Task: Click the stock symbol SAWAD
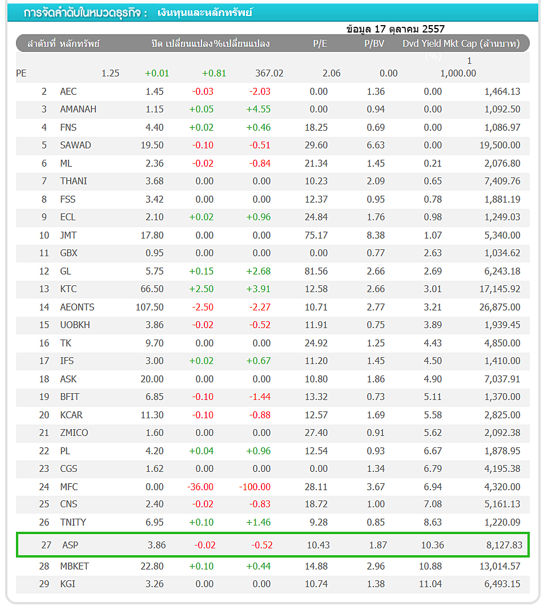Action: tap(75, 145)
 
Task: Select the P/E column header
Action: tap(320, 44)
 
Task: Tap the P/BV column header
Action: tap(374, 44)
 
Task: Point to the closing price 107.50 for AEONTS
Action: tap(150, 307)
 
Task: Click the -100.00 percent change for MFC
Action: tap(255, 487)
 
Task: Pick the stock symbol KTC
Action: tap(68, 289)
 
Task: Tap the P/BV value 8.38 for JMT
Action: tap(376, 235)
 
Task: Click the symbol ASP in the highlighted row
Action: tap(70, 545)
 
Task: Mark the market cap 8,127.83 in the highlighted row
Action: tap(504, 545)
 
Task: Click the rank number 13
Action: tap(44, 289)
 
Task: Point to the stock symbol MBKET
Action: tap(74, 566)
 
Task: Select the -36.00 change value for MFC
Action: tap(200, 487)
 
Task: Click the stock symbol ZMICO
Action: tap(74, 433)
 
